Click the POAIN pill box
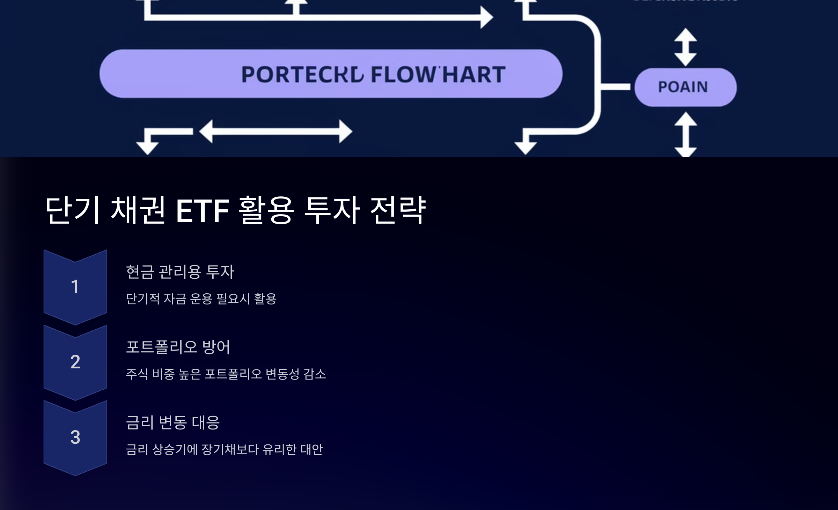tap(685, 87)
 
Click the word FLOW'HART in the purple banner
tap(438, 75)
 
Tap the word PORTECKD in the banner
tap(302, 75)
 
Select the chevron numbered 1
tap(75, 287)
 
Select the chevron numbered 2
tap(75, 362)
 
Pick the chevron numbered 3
tap(75, 437)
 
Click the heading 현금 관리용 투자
tap(180, 272)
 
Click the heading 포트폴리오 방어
tap(178, 347)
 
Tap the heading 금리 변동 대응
tap(173, 422)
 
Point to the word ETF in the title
tap(203, 210)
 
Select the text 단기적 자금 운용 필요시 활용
tap(201, 299)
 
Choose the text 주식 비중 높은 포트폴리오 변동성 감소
tap(226, 374)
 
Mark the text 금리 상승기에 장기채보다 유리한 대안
tap(224, 450)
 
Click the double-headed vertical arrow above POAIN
tap(685, 47)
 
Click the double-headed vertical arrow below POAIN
tap(685, 134)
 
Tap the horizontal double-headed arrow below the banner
tap(276, 132)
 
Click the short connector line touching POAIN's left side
tap(615, 87)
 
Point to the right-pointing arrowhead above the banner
tap(486, 17)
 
